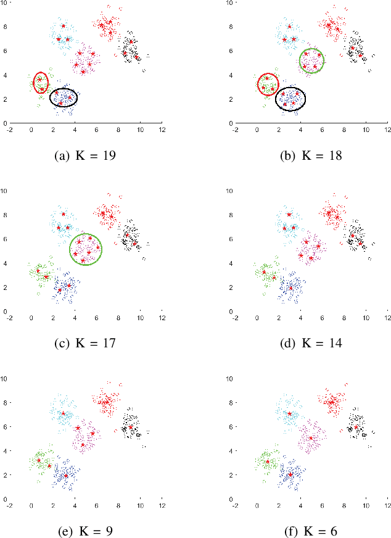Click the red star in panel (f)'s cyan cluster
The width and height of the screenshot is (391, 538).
click(290, 414)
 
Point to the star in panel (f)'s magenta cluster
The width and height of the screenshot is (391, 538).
click(311, 438)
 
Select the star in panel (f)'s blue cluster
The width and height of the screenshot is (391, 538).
click(290, 474)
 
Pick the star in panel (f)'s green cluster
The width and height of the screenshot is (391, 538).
click(268, 461)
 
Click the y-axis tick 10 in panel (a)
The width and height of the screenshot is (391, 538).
click(20, 2)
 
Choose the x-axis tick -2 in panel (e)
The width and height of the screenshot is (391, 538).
click(10, 505)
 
